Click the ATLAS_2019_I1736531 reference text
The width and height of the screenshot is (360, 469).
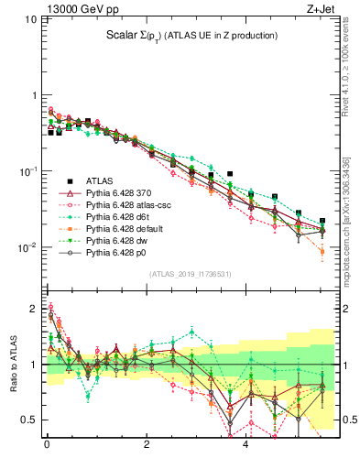click(x=191, y=275)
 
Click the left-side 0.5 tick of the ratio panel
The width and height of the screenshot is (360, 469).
click(x=28, y=420)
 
